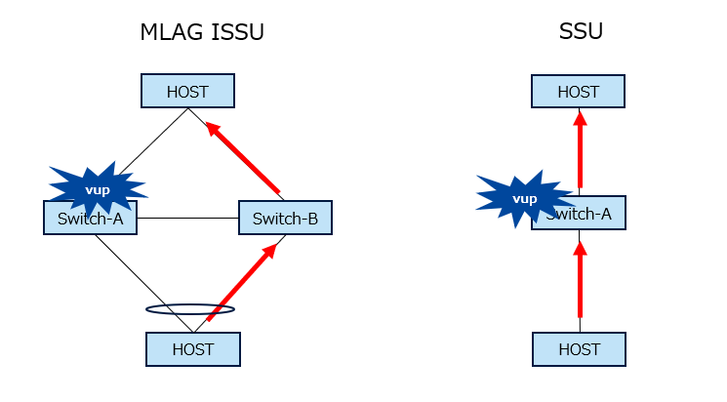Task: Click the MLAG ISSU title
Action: point(202,32)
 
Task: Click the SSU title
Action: point(580,31)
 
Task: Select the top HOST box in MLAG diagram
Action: point(187,92)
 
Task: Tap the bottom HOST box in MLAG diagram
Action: point(192,349)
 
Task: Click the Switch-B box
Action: point(285,218)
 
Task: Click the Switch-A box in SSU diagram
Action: point(586,215)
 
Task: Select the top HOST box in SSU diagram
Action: point(578,92)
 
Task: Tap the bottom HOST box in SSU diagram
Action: point(578,349)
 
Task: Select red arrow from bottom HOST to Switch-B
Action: point(241,283)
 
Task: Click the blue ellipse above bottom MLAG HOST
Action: point(190,309)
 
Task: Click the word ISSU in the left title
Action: point(235,32)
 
